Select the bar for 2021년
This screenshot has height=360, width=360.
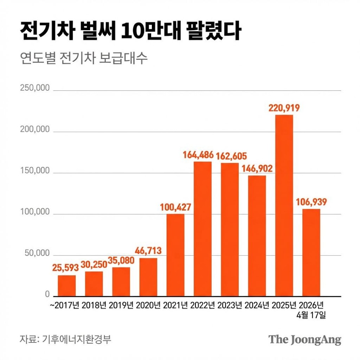(175, 255)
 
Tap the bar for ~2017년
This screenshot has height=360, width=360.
(67, 285)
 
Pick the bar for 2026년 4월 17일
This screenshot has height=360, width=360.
(311, 252)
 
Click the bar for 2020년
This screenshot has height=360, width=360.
(148, 277)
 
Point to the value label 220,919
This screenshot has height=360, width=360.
(284, 108)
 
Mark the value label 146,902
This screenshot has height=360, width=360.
(257, 168)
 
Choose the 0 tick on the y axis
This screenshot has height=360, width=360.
(47, 294)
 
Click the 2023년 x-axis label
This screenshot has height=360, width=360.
(229, 306)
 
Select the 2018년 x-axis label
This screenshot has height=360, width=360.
(94, 306)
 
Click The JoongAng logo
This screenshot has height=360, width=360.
(305, 339)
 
